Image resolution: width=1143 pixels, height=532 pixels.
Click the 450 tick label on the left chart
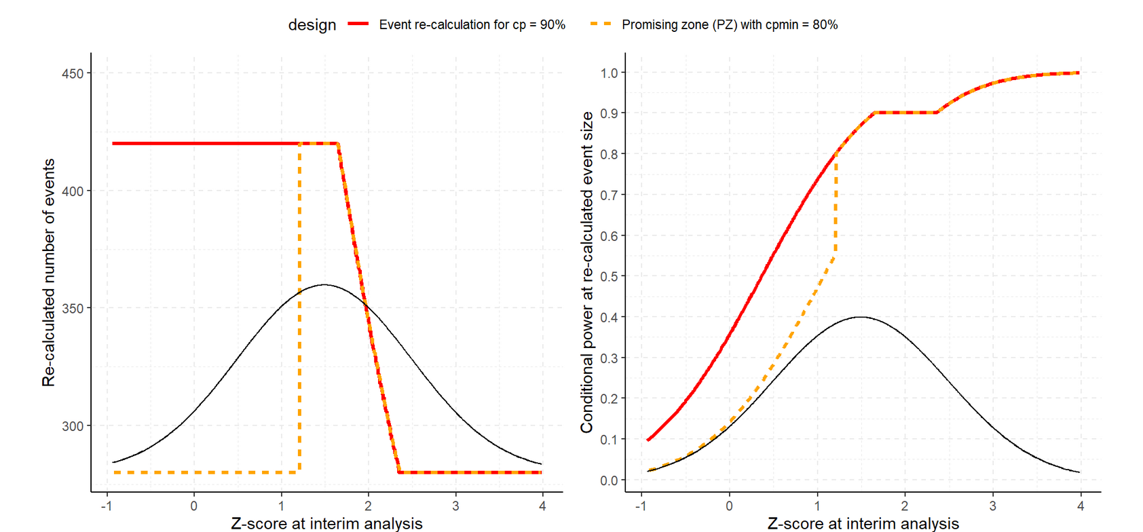coord(72,73)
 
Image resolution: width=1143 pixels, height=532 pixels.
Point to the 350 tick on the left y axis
coord(72,308)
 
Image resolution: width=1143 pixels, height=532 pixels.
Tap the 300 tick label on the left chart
coord(72,426)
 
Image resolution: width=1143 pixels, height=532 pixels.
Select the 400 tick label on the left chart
coord(72,191)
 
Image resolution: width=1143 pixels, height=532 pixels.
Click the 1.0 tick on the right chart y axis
coord(609,73)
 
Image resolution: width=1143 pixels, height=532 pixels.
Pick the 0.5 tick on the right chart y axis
coord(609,276)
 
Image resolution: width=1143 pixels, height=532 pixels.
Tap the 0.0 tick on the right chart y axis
coord(609,480)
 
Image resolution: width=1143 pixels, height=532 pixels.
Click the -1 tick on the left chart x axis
coord(107,506)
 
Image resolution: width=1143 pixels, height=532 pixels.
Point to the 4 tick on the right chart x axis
coord(1081,506)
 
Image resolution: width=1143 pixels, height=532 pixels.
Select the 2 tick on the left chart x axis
coord(368,506)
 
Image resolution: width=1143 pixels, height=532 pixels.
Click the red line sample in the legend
coord(358,24)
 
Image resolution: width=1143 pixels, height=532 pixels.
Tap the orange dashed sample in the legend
coord(600,24)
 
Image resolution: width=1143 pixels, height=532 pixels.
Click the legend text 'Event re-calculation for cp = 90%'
coord(472,24)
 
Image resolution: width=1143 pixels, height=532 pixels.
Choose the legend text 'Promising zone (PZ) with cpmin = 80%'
coord(730,24)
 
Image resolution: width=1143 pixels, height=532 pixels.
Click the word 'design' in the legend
coord(312,25)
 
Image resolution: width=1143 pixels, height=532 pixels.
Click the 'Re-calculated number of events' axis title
coord(49,273)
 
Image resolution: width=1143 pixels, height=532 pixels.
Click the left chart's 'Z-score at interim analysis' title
coord(326,523)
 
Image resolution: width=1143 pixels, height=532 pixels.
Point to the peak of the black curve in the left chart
coord(324,284)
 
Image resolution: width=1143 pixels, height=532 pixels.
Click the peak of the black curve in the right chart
coord(860,317)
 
